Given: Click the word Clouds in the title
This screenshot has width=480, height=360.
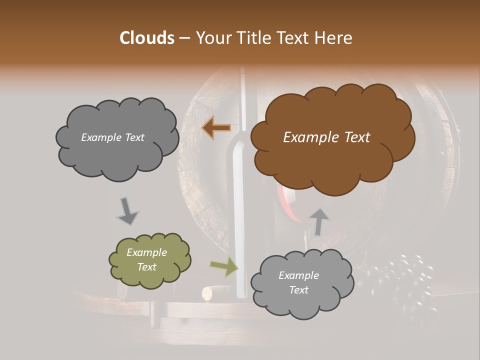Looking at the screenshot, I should pos(147,38).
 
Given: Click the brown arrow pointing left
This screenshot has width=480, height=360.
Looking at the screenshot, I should pos(216,128).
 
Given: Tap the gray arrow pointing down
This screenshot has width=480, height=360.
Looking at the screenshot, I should pos(127,210).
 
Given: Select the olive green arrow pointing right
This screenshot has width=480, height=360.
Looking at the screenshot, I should pos(224,266).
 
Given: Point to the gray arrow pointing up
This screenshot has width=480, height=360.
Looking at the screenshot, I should pos(319,221).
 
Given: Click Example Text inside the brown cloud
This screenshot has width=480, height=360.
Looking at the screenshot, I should pos(326,137).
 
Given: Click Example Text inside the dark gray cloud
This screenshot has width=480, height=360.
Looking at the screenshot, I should pos(112,137).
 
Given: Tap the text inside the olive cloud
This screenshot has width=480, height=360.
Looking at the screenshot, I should pos(146,259).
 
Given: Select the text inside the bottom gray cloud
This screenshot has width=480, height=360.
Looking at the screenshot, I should pos(298,282).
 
